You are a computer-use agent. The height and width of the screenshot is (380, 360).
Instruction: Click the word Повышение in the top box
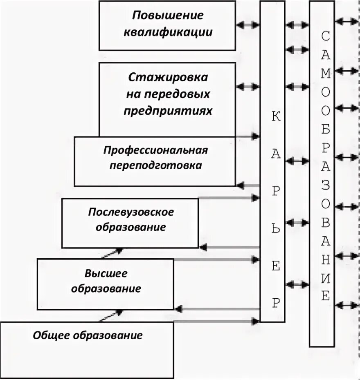[167, 16]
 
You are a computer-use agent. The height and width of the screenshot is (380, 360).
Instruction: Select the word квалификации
[167, 32]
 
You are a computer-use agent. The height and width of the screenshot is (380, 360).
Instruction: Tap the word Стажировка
[168, 77]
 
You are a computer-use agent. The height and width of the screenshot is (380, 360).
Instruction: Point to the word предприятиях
[168, 111]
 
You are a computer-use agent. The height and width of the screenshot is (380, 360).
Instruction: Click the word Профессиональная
[155, 150]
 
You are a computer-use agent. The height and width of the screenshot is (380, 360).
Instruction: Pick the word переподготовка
[155, 165]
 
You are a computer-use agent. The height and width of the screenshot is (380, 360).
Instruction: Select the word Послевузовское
[131, 212]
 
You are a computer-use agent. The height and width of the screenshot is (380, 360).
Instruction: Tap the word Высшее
[106, 273]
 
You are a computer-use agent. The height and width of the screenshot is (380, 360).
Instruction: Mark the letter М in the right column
[325, 75]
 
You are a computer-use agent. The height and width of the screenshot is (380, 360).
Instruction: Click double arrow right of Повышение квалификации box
[248, 25]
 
